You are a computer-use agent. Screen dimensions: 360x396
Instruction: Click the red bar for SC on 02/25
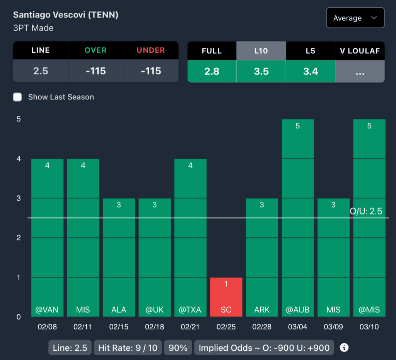point(226,297)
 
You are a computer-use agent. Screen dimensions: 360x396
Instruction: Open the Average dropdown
point(355,18)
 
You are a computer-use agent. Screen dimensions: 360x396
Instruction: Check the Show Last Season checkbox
point(17,97)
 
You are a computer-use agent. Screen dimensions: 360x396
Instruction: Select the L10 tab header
point(261,51)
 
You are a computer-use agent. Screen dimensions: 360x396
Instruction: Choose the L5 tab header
point(311,51)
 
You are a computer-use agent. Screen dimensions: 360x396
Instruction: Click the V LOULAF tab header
point(360,51)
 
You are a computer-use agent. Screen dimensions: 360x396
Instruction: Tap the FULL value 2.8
point(212,71)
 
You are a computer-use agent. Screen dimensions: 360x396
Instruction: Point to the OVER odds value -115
point(96,71)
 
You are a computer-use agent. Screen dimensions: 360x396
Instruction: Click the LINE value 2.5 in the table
point(41,71)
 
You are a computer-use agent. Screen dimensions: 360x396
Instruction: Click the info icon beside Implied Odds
point(344,348)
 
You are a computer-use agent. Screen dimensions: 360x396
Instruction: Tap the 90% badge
point(178,348)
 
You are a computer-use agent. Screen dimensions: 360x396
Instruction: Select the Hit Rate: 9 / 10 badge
point(128,348)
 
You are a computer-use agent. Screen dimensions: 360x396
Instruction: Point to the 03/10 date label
point(369,327)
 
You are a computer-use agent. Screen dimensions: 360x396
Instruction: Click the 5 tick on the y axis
point(18,119)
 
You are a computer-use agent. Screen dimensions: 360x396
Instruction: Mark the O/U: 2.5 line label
point(366,211)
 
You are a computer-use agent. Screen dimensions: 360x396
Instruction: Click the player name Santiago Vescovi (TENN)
point(66,15)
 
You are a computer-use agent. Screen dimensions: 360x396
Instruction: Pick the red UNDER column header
point(151,50)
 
